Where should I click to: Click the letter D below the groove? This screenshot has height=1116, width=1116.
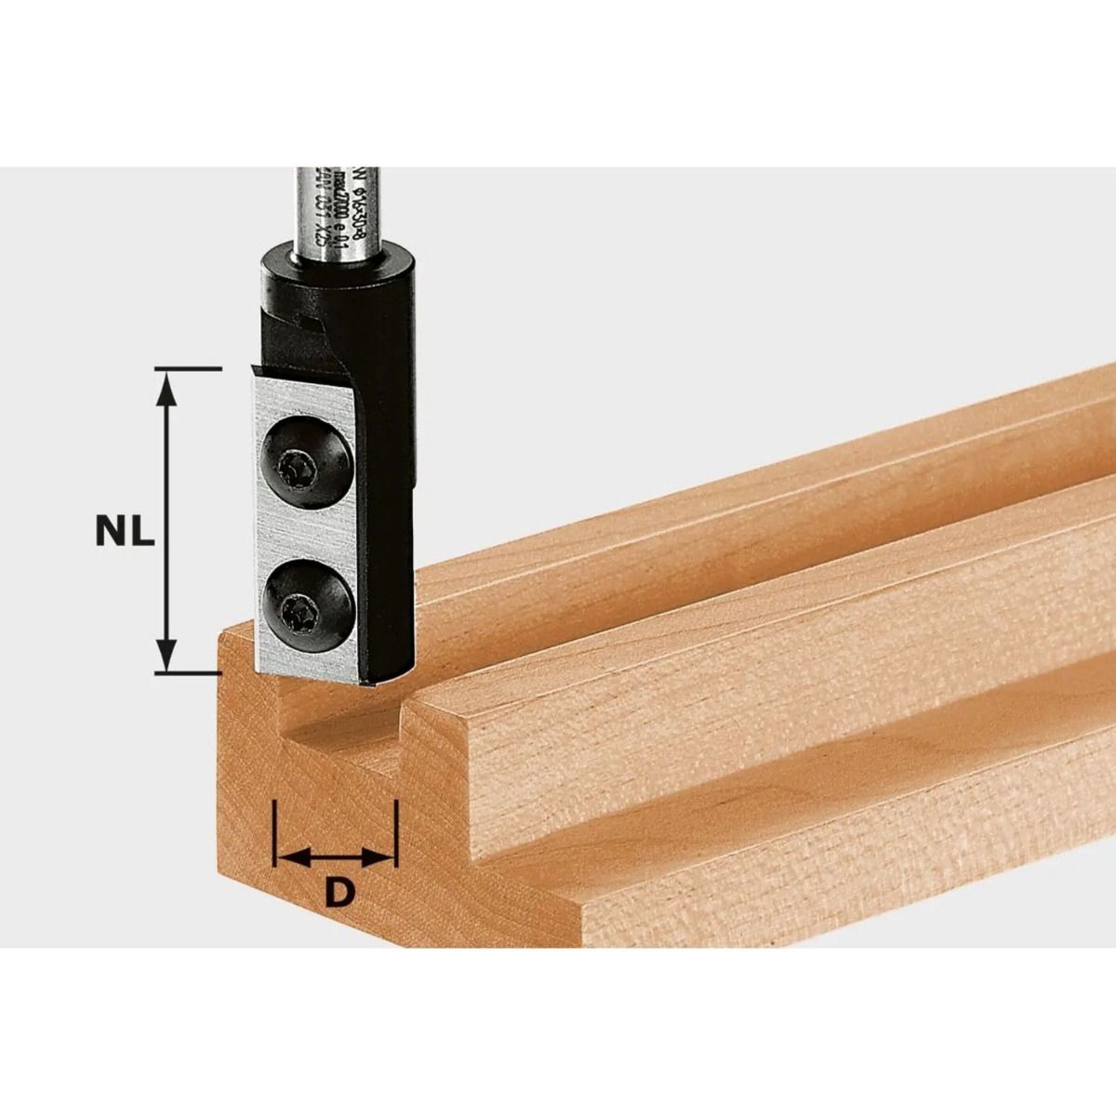click(x=341, y=893)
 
